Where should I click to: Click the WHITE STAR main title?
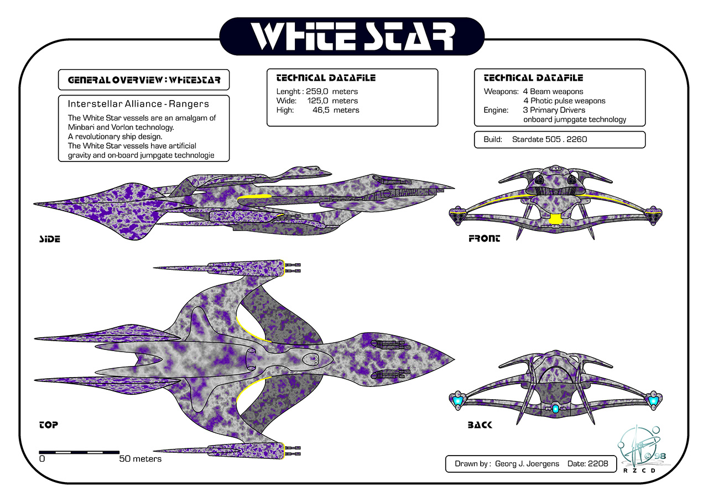point(352,37)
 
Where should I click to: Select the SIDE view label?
point(49,239)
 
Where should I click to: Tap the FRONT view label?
point(484,239)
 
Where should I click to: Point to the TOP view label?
point(49,425)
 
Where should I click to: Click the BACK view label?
point(480,425)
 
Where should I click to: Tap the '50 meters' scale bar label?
point(140,459)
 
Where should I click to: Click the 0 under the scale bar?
point(42,459)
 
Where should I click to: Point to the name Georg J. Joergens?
point(527,464)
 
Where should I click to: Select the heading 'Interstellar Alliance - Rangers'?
point(138,104)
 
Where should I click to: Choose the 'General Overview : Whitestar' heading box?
point(144,80)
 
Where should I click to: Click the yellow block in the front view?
point(555,218)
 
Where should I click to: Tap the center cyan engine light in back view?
point(555,409)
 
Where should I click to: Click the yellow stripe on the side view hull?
point(254,197)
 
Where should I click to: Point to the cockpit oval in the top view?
point(313,359)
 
